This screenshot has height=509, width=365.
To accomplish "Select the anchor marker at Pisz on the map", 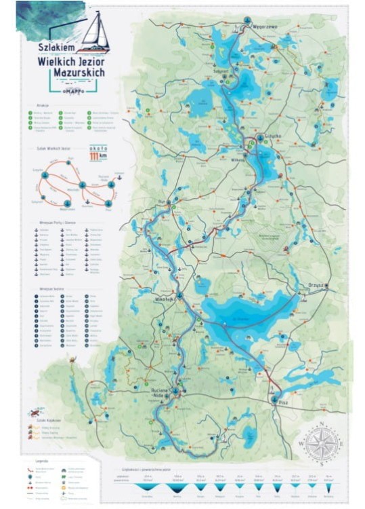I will coord(274,400).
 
